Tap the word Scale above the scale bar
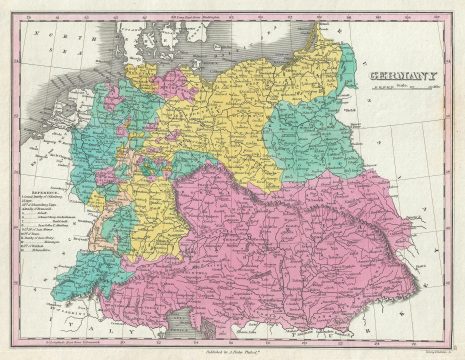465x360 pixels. [x=401, y=86]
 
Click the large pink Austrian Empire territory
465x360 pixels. [x=300, y=250]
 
